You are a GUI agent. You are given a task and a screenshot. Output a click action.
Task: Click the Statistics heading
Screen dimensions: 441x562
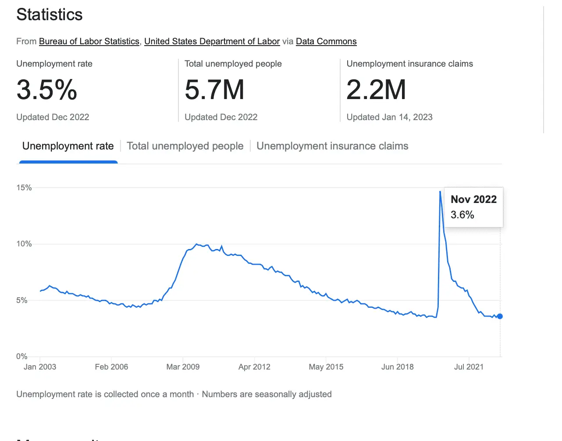point(50,15)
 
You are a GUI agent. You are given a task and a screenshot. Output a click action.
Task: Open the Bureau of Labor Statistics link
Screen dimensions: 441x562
point(89,41)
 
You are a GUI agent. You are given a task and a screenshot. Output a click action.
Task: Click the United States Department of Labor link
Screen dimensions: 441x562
point(212,41)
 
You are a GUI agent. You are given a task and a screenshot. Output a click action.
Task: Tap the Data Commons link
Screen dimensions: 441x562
point(326,41)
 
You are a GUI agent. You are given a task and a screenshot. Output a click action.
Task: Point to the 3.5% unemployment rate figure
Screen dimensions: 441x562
point(47,90)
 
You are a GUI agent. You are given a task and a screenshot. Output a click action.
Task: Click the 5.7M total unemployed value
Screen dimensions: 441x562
point(214,90)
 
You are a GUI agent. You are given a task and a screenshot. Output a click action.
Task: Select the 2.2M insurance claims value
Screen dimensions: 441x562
point(376,90)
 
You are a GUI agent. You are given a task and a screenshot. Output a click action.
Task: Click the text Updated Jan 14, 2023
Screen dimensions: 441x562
point(389,117)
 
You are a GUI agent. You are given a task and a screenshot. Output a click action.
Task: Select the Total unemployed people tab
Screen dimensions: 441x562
point(185,146)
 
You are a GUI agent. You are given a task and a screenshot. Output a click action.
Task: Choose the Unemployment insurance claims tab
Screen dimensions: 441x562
point(332,146)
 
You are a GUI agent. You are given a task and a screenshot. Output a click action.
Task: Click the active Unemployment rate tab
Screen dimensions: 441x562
point(68,146)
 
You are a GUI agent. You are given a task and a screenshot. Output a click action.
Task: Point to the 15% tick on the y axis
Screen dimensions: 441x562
point(24,188)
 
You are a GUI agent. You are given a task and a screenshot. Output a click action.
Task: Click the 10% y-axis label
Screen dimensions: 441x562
point(24,244)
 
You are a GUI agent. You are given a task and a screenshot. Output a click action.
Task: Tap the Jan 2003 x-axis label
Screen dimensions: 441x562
point(40,367)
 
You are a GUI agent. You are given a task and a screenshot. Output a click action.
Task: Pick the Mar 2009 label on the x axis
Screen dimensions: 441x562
point(183,367)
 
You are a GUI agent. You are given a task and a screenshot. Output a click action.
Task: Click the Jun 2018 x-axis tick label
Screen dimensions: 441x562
point(397,367)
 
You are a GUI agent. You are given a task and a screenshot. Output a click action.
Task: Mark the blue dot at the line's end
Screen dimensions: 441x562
point(500,316)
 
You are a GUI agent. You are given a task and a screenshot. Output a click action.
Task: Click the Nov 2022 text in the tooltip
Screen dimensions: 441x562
point(473,199)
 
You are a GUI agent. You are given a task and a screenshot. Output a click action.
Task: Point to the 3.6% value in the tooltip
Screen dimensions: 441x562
point(462,215)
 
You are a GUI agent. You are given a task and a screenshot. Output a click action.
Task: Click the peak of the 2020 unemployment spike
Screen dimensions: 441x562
point(440,192)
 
